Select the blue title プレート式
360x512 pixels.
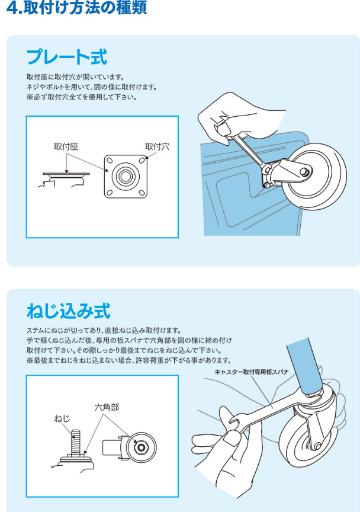(66, 57)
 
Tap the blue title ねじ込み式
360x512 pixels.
(68, 311)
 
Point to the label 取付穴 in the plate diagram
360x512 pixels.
(157, 146)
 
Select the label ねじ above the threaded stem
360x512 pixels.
(62, 418)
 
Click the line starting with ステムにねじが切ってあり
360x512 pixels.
(104, 330)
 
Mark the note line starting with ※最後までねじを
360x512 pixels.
(128, 360)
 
